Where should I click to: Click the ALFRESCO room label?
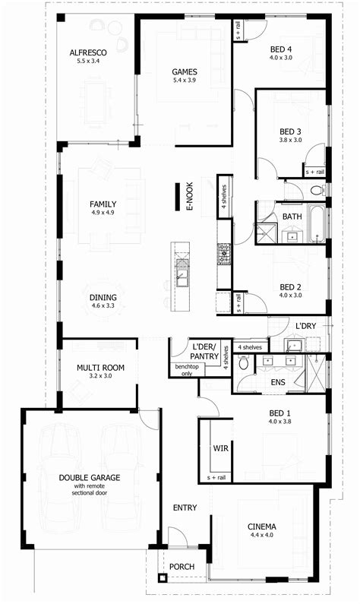click(88, 52)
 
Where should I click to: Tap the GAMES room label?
click(184, 71)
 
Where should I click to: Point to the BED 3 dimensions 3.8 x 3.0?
click(290, 140)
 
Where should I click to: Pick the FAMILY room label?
click(103, 204)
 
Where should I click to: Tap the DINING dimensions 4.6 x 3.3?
click(103, 305)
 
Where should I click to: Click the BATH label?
click(292, 217)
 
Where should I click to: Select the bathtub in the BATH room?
click(317, 223)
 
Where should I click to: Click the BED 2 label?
click(290, 286)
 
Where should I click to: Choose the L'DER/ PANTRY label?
click(205, 351)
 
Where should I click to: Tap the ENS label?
click(278, 382)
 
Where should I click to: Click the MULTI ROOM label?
click(99, 368)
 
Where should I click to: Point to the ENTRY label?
click(185, 508)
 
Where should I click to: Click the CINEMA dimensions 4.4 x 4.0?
click(261, 536)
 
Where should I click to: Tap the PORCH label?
click(182, 567)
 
